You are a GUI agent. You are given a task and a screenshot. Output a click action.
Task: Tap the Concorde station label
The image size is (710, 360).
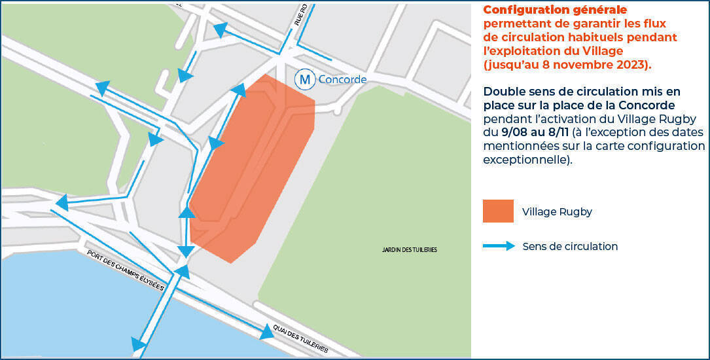342,80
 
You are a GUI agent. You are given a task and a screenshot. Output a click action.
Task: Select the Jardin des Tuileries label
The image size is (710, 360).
410,250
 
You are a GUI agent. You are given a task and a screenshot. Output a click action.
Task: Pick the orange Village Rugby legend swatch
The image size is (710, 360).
498,211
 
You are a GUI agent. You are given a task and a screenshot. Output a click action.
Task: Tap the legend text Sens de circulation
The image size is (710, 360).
570,247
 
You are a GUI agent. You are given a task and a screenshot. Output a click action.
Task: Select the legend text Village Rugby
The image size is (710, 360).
557,212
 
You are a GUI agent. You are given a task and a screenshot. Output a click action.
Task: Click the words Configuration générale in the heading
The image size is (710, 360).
555,10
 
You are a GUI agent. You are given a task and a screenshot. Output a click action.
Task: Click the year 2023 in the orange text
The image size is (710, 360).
631,65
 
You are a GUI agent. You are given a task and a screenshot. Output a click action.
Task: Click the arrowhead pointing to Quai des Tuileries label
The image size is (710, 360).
266,333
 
